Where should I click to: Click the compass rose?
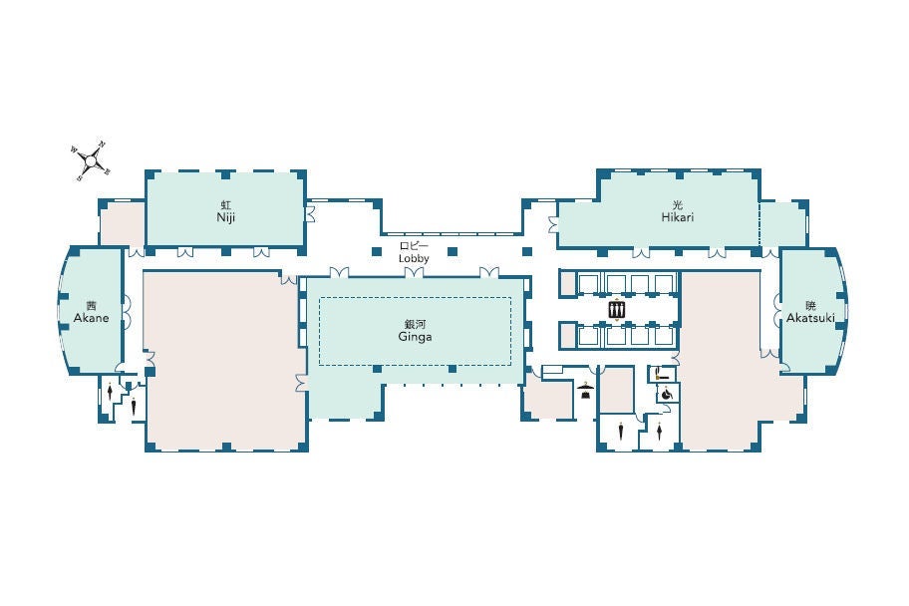[x=91, y=160]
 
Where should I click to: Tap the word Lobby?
[x=414, y=258]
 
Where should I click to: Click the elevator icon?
[x=617, y=310]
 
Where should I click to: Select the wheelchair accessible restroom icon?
[x=667, y=395]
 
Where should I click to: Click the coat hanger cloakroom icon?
[x=585, y=390]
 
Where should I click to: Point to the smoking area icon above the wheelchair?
[x=662, y=375]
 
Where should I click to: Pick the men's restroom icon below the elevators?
[x=621, y=431]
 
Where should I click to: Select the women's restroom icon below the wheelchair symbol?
[x=659, y=431]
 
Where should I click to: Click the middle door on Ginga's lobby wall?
[x=414, y=272]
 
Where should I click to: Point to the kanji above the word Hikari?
[x=678, y=204]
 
